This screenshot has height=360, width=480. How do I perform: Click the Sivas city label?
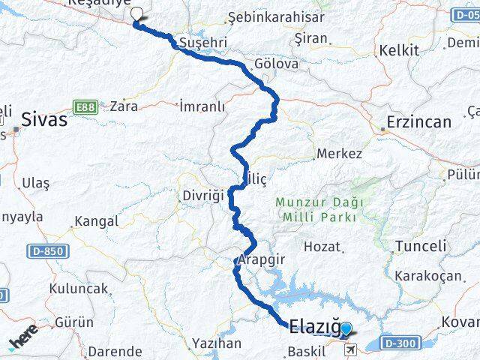[x=44, y=119]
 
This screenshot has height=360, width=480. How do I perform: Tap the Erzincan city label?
[x=418, y=121]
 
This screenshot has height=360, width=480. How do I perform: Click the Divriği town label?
[x=203, y=196]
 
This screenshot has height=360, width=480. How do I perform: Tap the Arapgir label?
[x=259, y=259]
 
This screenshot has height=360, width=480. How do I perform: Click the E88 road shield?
[x=85, y=106]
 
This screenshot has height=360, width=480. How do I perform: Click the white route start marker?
[x=136, y=13]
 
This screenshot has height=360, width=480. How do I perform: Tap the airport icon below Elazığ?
[x=351, y=349]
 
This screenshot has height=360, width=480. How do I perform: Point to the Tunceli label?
[x=420, y=246]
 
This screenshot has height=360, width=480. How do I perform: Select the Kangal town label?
[x=95, y=221]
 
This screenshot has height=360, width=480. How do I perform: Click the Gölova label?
[x=276, y=64]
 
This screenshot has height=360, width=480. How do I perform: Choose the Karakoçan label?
[x=427, y=275]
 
